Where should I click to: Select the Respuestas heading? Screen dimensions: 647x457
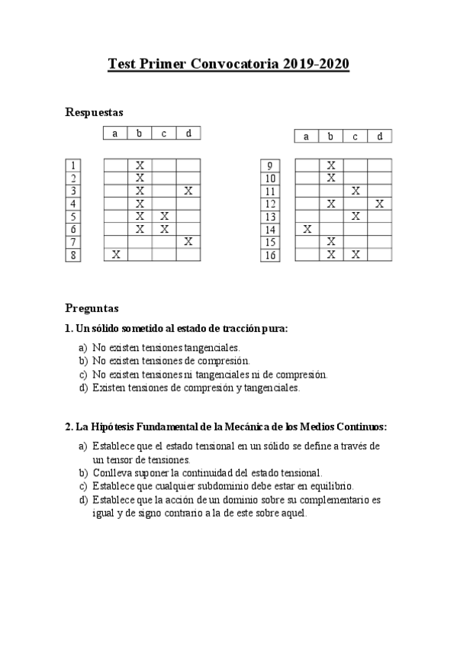click(x=95, y=112)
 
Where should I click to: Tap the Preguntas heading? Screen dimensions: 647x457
click(x=92, y=309)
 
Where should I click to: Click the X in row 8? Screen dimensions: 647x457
click(x=116, y=255)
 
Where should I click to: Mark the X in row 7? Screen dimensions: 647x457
click(x=188, y=242)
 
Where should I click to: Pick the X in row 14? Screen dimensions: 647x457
click(x=307, y=229)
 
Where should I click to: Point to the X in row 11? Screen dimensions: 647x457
click(x=355, y=191)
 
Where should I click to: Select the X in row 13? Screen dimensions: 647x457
click(x=355, y=216)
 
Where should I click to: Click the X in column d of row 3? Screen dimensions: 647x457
click(x=188, y=191)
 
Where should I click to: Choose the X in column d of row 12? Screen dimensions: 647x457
click(x=379, y=204)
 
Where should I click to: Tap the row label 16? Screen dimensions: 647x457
click(x=269, y=256)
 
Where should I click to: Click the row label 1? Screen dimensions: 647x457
click(x=73, y=166)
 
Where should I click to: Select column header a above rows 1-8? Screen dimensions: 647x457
click(x=115, y=134)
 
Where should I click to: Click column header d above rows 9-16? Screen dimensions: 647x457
click(x=379, y=137)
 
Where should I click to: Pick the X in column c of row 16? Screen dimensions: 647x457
click(x=355, y=255)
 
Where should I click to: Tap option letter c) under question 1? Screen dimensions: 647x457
click(x=82, y=375)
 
